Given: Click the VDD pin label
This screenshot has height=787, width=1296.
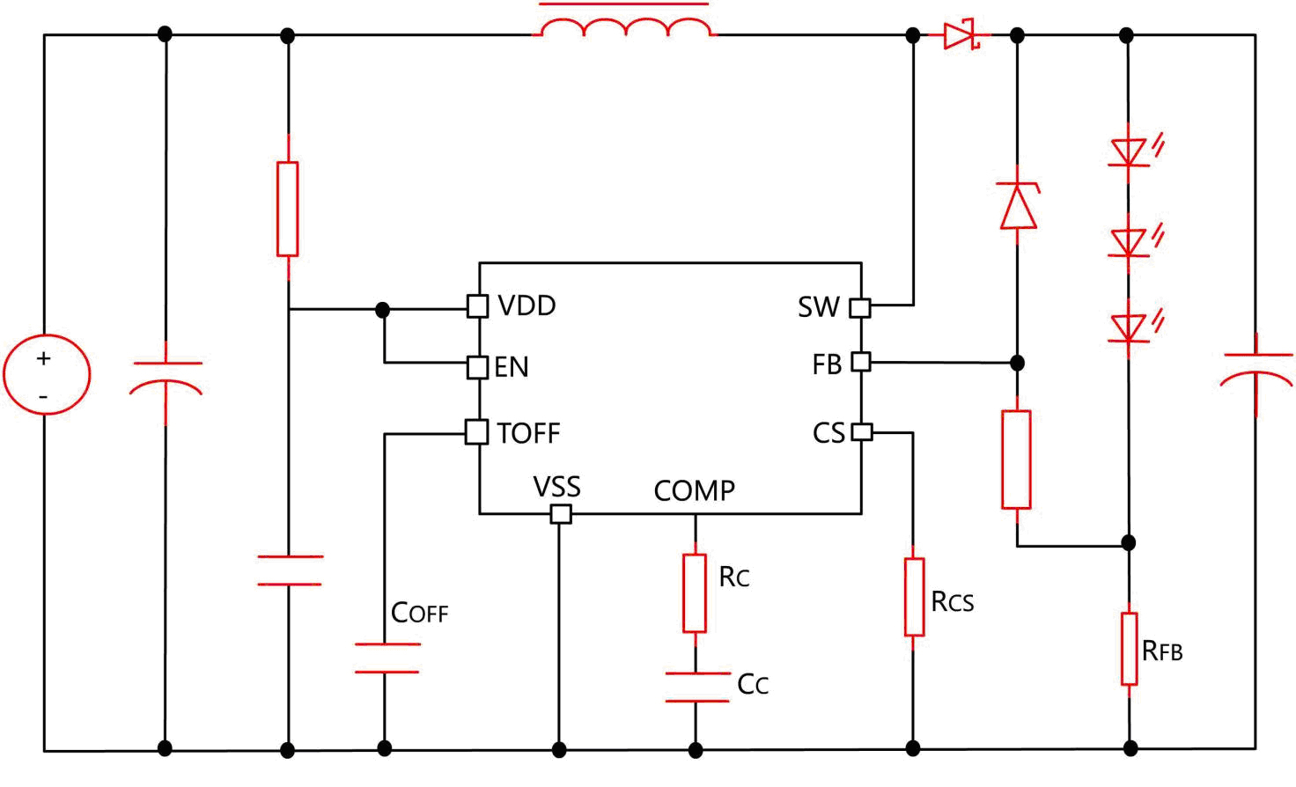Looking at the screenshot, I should pyautogui.click(x=526, y=305).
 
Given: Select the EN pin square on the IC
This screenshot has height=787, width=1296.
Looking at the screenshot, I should pyautogui.click(x=477, y=367).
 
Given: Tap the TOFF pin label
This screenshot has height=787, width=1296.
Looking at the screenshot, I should pyautogui.click(x=528, y=433).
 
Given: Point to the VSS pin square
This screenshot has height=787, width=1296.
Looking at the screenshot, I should pyautogui.click(x=560, y=514).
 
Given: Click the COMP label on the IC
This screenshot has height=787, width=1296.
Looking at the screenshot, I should pyautogui.click(x=694, y=490).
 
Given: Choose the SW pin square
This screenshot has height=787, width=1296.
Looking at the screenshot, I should pyautogui.click(x=860, y=308).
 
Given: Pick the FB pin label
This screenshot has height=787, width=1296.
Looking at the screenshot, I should pyautogui.click(x=827, y=364).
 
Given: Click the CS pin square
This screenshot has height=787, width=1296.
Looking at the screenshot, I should pyautogui.click(x=862, y=432).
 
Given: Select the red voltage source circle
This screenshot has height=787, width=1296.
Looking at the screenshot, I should pyautogui.click(x=47, y=374).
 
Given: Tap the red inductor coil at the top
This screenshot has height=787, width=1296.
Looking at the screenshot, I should pyautogui.click(x=626, y=28).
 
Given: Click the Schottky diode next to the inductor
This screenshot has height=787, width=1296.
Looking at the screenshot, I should pyautogui.click(x=961, y=36).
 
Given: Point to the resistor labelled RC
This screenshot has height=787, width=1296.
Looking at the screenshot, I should pyautogui.click(x=695, y=592).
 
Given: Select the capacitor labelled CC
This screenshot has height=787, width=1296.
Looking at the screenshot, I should pyautogui.click(x=696, y=688).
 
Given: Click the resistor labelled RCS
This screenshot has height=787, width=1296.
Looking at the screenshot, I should pyautogui.click(x=914, y=596).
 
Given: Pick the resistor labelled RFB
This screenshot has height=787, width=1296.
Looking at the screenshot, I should pyautogui.click(x=1130, y=649).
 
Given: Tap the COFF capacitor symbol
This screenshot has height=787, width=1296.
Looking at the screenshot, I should pyautogui.click(x=386, y=658).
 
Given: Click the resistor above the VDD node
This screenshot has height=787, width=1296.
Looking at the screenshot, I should pyautogui.click(x=288, y=209).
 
